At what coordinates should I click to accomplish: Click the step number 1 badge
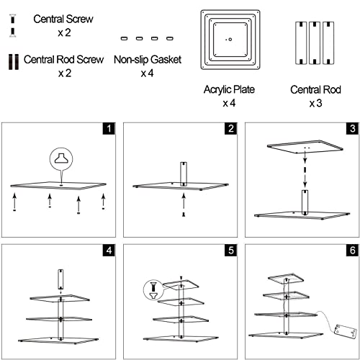point(109,128)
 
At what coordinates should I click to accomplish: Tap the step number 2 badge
point(231,128)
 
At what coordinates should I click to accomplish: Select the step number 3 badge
point(353,128)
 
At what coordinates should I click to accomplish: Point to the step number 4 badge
point(109,251)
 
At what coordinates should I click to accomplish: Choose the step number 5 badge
point(231,251)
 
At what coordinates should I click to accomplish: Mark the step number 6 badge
point(353,251)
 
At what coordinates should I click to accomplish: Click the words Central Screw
point(63,19)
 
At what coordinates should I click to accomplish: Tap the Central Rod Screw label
point(63,60)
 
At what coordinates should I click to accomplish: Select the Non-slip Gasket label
point(148,60)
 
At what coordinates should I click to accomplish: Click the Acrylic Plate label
point(229,89)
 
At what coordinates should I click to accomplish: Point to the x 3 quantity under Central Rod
point(315,103)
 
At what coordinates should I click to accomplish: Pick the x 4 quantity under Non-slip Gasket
point(147,73)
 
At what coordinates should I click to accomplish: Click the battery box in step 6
point(344,332)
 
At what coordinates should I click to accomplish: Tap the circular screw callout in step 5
point(153,290)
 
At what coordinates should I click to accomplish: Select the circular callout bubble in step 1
point(61,159)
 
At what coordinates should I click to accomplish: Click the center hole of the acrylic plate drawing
point(230,40)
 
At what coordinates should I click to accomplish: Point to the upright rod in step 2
point(184,174)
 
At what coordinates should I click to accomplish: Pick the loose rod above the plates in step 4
point(60,279)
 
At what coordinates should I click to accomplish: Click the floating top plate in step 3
point(305,146)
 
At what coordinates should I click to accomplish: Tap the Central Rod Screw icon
point(14,62)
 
